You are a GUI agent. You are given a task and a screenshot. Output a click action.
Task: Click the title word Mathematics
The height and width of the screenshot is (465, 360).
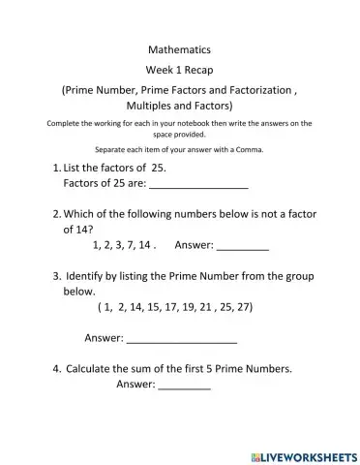[180, 48]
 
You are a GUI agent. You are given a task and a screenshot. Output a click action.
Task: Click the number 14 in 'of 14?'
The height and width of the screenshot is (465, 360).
[89, 231]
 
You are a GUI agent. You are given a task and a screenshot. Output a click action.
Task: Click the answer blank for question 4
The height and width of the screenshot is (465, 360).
[184, 386]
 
